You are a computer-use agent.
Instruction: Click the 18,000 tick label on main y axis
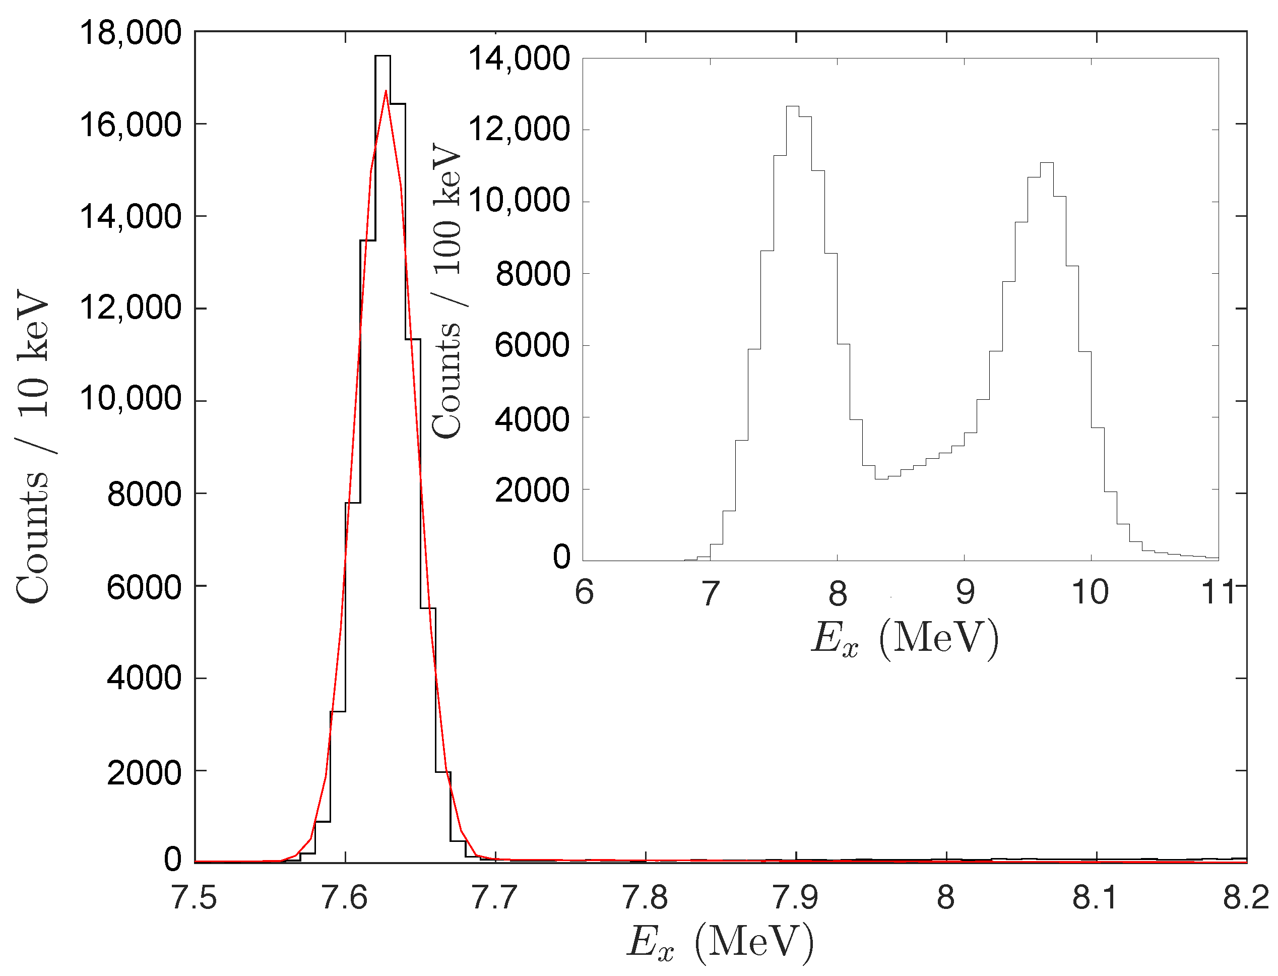tap(131, 33)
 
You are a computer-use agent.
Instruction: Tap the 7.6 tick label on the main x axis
tap(344, 897)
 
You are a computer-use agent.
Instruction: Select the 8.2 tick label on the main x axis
tap(1245, 897)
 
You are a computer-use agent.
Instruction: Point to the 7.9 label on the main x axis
tap(796, 897)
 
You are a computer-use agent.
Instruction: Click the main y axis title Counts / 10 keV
tap(34, 447)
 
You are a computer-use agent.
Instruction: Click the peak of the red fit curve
tap(386, 91)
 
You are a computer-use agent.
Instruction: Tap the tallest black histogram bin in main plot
tap(382, 56)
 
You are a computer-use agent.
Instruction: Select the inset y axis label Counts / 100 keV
tap(447, 290)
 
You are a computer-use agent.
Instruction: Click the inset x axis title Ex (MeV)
tap(905, 639)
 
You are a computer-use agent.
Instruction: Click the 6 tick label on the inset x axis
tap(584, 592)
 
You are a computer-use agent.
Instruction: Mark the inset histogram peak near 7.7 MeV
tap(793, 106)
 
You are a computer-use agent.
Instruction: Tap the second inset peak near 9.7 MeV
tap(1046, 163)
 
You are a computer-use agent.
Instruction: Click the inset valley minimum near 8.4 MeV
tap(881, 479)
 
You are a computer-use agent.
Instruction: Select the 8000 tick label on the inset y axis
tap(533, 274)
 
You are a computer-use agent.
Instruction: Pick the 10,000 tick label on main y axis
tap(131, 399)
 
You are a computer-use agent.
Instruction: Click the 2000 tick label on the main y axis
tap(144, 773)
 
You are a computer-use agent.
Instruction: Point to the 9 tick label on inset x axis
tap(965, 592)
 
